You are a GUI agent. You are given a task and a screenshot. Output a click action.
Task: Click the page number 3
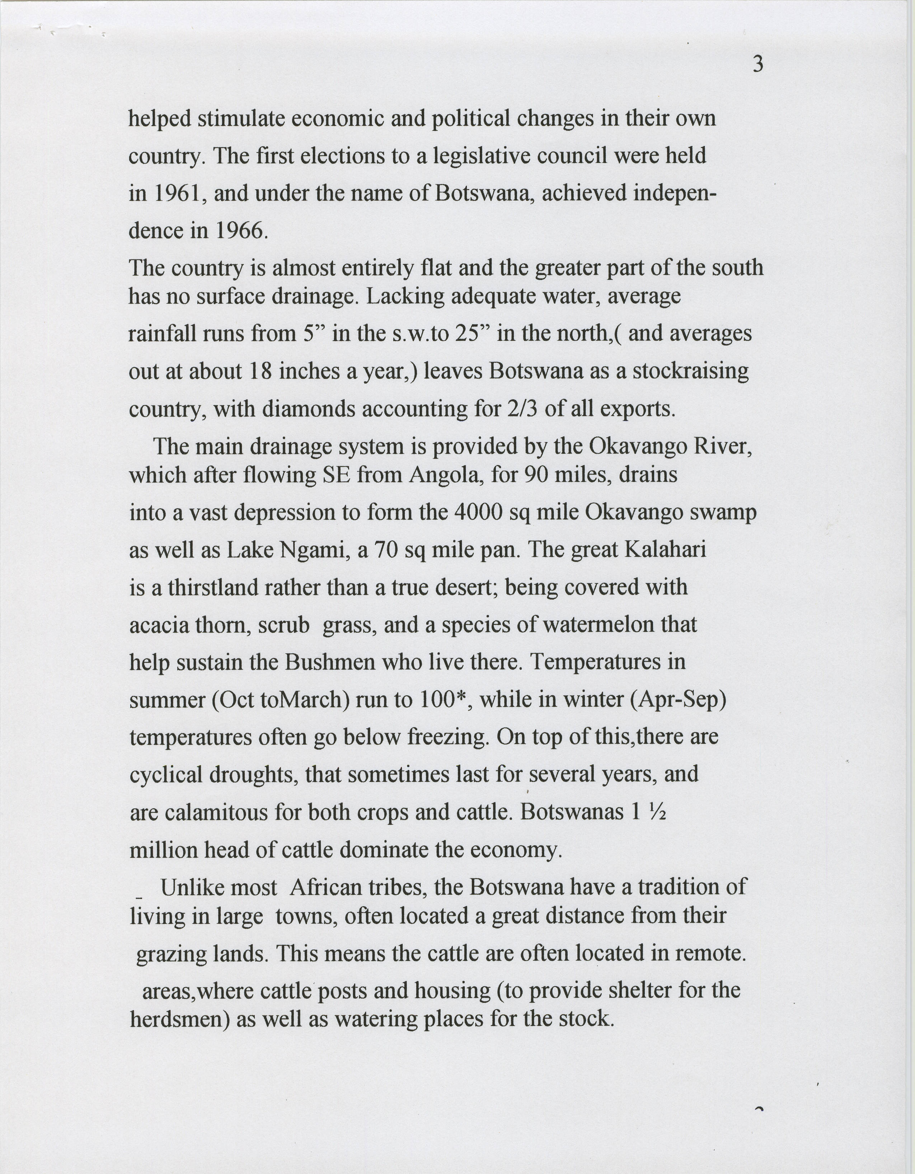tap(757, 65)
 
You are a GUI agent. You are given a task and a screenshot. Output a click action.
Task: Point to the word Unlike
tap(192, 887)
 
